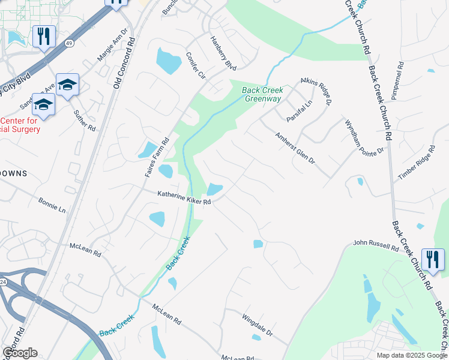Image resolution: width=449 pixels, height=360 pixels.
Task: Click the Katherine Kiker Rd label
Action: point(184,198)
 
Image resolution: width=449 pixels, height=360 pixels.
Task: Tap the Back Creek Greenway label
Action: point(262,95)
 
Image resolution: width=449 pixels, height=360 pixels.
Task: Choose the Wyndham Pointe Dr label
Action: point(363,137)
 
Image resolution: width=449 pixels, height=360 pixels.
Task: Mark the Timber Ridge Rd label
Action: point(416,163)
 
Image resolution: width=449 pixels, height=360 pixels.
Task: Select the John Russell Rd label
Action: point(376,245)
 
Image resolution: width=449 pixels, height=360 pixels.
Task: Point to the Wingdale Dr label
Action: point(258,324)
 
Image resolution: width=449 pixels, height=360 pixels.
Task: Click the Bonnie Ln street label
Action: point(52,205)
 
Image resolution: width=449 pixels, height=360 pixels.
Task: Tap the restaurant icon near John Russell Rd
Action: point(433,259)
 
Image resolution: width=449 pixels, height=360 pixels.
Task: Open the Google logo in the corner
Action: point(20,353)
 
